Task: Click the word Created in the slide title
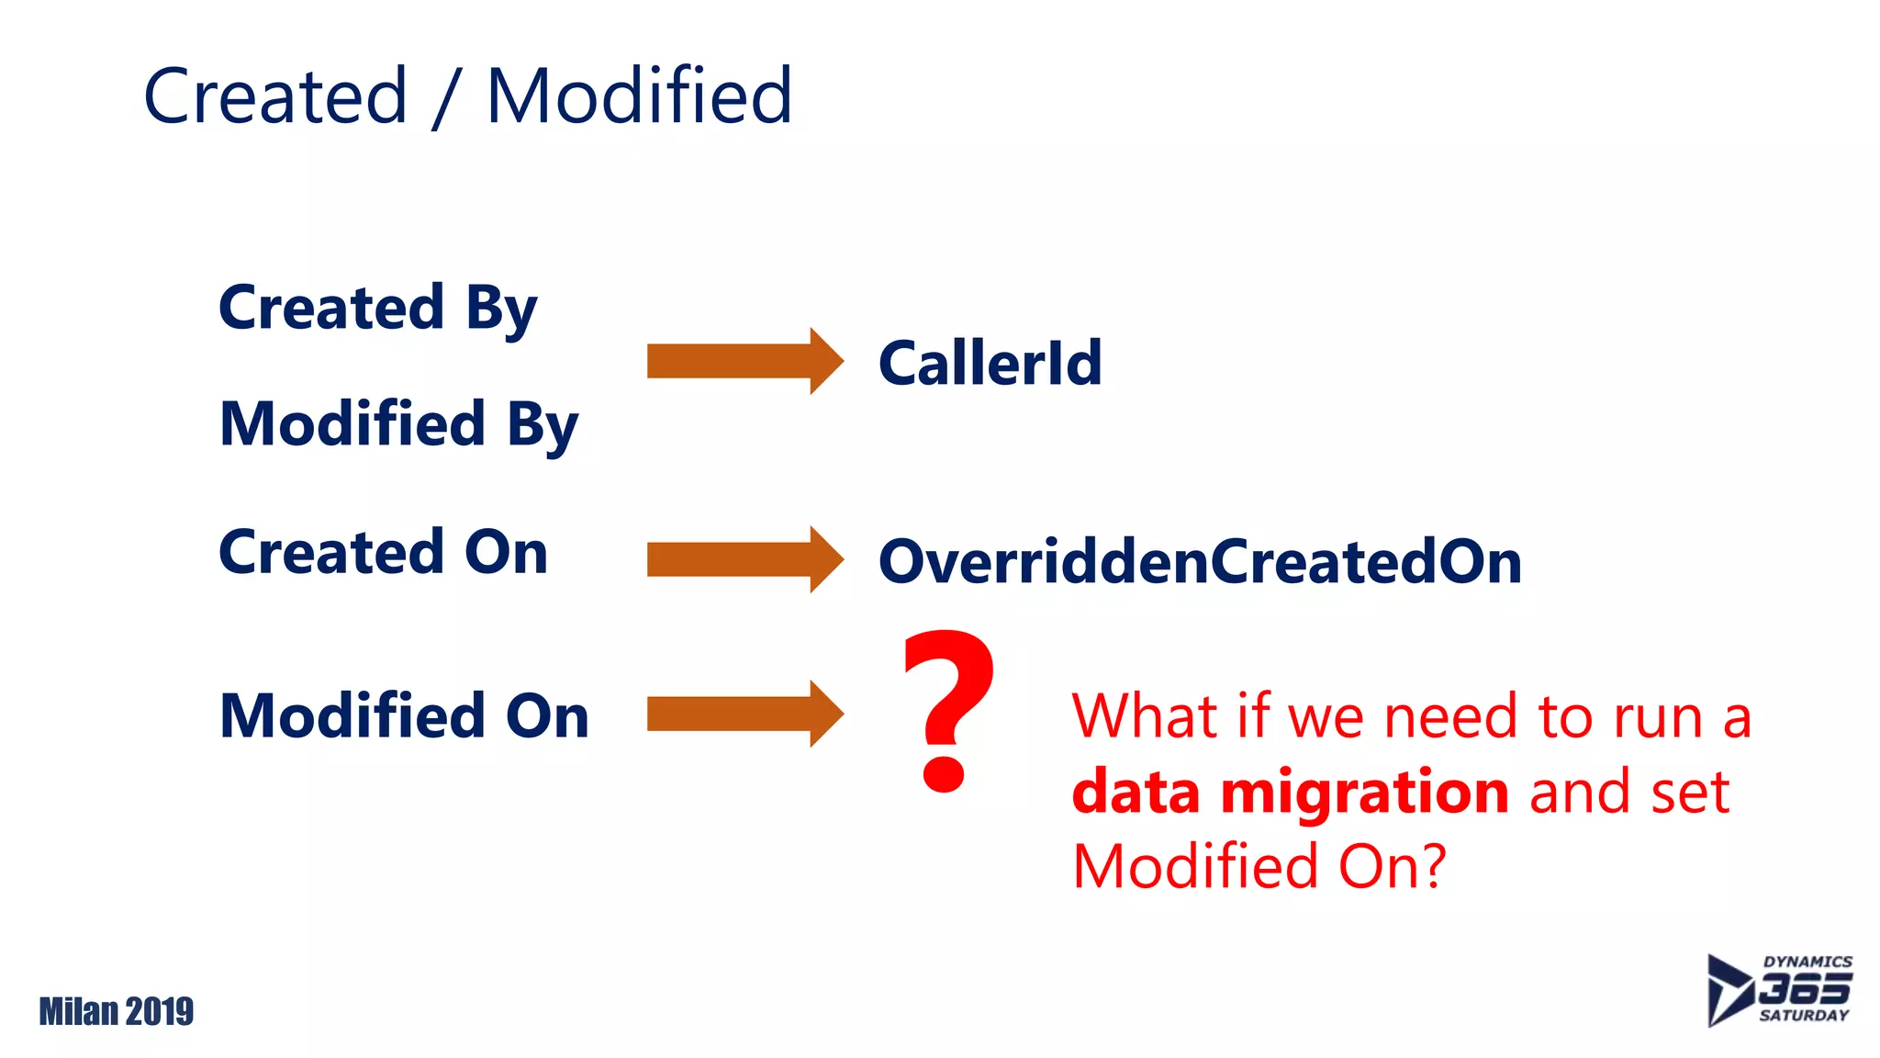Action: coord(275,96)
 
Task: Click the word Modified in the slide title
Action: coord(639,96)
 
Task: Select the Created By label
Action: coord(377,309)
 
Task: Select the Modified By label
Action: coord(399,425)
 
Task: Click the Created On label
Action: coord(383,553)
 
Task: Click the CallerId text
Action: coord(990,364)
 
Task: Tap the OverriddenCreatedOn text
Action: coord(1199,562)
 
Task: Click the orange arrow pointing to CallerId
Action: coord(744,361)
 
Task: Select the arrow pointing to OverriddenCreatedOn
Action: coord(744,559)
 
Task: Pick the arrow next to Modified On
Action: coord(744,714)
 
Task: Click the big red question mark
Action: coord(948,707)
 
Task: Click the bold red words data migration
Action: coord(1290,792)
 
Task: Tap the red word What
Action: coord(1143,716)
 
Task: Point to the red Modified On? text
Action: coord(1259,866)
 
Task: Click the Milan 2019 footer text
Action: coord(117,1011)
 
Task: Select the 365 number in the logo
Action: coord(1804,989)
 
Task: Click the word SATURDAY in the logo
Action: coord(1804,1016)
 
